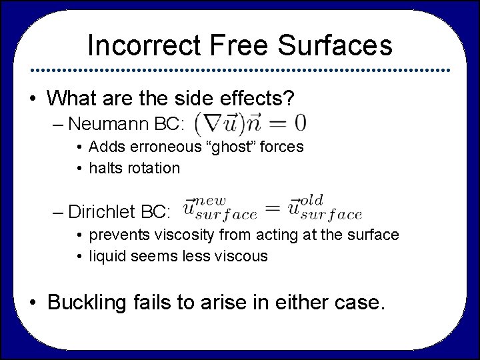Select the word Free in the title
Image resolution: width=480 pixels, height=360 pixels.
(x=235, y=45)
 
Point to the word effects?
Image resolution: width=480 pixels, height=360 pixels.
(x=255, y=98)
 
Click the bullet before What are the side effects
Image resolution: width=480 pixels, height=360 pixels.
(x=33, y=98)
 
